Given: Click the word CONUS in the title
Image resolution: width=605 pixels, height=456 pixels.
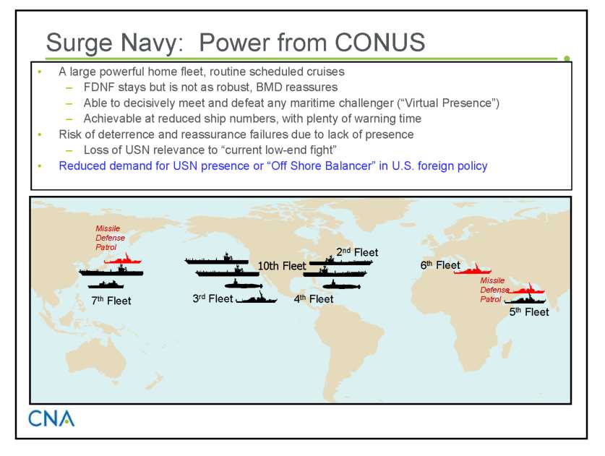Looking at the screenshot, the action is [379, 42].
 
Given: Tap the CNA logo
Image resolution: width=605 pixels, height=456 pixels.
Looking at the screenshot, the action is [51, 418].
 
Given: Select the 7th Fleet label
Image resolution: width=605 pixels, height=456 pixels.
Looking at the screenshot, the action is [111, 300].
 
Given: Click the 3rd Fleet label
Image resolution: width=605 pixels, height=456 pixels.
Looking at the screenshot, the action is [213, 298].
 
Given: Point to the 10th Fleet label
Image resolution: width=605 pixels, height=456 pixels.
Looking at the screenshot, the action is [282, 266].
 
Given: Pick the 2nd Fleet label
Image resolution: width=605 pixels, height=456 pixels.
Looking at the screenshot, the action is [357, 252].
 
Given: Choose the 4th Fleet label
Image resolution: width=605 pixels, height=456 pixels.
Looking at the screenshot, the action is [314, 298].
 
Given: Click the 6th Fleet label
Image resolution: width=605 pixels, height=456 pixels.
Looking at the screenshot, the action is [440, 265].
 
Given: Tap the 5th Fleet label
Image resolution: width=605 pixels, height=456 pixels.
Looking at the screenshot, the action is [529, 311].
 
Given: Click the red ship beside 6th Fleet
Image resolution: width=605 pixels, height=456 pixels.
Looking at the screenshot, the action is [472, 270].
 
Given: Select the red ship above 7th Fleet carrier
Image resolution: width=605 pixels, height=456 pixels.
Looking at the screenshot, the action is [123, 259].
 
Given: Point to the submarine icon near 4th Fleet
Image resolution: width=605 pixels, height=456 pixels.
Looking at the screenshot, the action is [341, 285].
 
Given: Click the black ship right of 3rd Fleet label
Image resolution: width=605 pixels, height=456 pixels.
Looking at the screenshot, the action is [256, 298].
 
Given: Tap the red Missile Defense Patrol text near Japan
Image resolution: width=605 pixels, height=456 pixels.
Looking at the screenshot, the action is [110, 238].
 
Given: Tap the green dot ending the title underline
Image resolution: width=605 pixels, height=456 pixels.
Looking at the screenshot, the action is [567, 59].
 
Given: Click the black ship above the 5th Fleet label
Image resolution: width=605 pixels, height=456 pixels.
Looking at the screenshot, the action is [525, 299].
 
